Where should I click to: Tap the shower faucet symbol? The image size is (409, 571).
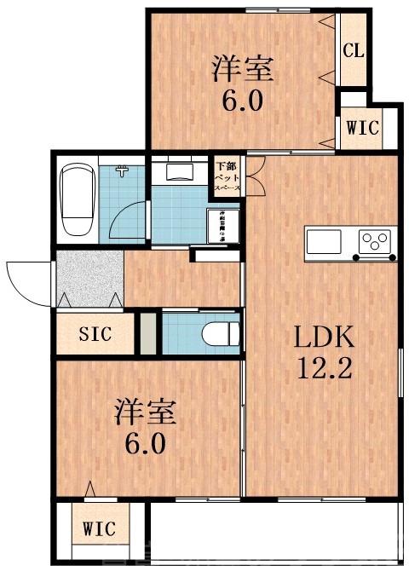click(124, 171)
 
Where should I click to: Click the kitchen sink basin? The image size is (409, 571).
click(324, 241)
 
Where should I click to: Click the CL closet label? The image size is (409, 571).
click(354, 49)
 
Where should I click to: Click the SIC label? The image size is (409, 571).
click(95, 335)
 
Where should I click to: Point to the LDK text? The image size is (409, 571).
click(323, 338)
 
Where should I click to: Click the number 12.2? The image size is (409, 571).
click(323, 371)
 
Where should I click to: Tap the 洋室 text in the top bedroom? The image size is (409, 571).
click(242, 68)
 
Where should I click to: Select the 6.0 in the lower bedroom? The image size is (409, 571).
click(146, 444)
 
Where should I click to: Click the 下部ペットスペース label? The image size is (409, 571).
click(227, 175)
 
